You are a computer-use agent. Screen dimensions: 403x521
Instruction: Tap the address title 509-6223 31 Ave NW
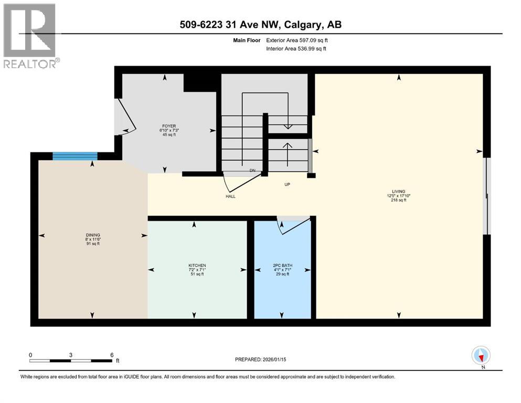pyautogui.click(x=260, y=24)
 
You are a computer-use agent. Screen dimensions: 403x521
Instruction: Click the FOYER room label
pyautogui.click(x=168, y=126)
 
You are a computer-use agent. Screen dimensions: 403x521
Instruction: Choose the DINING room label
pyautogui.click(x=93, y=235)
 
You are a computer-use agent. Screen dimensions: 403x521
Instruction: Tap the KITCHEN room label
pyautogui.click(x=197, y=266)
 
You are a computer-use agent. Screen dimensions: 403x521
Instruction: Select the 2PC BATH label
pyautogui.click(x=282, y=266)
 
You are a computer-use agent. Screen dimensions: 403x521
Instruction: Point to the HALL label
pyautogui.click(x=230, y=197)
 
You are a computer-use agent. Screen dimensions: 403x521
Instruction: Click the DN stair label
pyautogui.click(x=252, y=171)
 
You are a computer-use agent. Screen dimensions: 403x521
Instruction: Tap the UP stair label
pyautogui.click(x=287, y=184)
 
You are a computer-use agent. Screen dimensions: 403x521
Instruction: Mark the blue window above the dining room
pyautogui.click(x=75, y=155)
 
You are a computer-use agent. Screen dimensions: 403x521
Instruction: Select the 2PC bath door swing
pyautogui.click(x=294, y=224)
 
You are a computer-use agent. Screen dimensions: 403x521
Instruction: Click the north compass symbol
pyautogui.click(x=481, y=356)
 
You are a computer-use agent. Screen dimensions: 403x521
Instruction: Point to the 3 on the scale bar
pyautogui.click(x=70, y=355)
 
